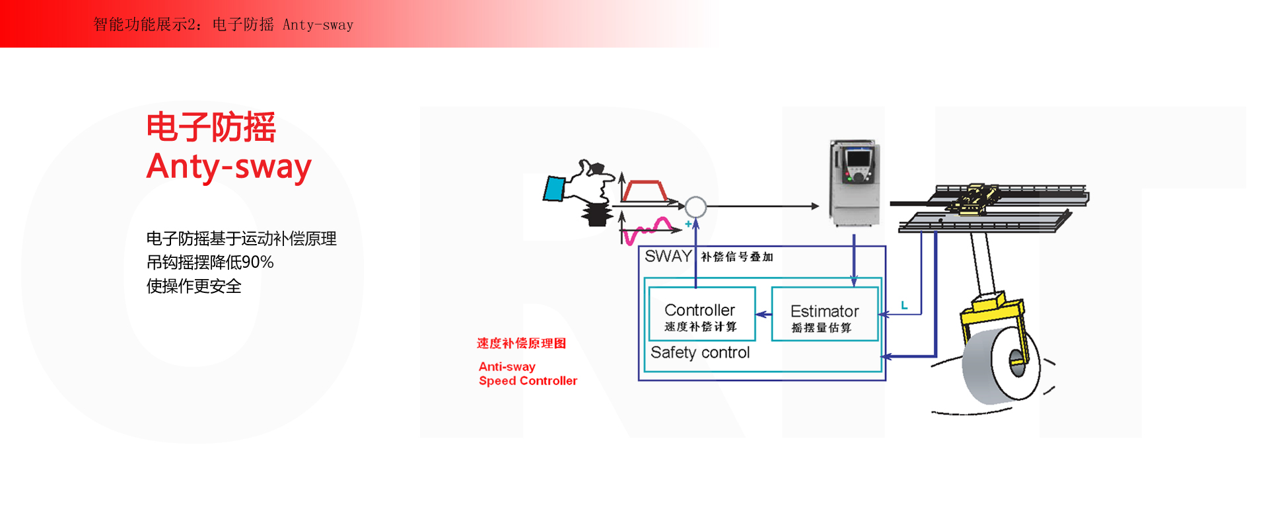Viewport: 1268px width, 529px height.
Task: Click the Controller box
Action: coord(701,314)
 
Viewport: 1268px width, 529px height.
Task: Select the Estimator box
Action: coord(824,314)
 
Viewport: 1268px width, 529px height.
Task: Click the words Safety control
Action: coord(700,352)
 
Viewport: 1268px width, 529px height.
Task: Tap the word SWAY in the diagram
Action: coord(668,257)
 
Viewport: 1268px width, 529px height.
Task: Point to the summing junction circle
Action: coord(695,207)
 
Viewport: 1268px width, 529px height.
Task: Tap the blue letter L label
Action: coord(904,305)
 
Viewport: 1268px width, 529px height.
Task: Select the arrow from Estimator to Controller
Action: coord(763,314)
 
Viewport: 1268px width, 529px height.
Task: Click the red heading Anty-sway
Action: coord(229,167)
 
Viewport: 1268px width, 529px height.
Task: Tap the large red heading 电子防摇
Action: coord(211,127)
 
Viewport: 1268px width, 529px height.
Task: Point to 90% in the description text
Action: coord(257,263)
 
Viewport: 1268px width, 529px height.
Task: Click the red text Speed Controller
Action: coord(528,381)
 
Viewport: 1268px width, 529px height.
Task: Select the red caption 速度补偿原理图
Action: coord(521,343)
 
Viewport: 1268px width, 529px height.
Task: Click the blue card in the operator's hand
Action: coord(553,188)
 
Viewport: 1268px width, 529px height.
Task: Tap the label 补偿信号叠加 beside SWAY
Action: coord(736,257)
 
